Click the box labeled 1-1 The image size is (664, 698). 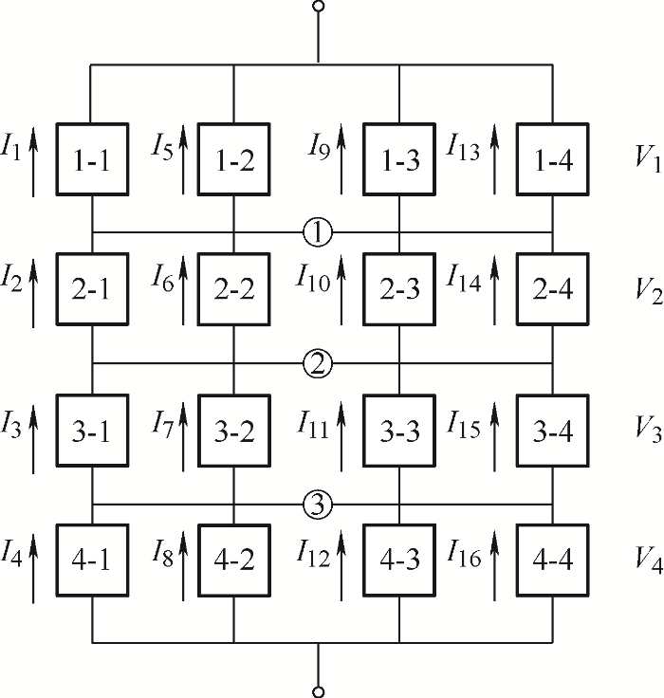coord(92,161)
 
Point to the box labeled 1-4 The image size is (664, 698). coord(552,161)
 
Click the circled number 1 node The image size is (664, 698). coord(319,231)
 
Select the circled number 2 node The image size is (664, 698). coord(319,362)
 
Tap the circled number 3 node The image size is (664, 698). coord(319,505)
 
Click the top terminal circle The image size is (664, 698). coord(319,8)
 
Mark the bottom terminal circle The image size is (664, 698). coord(319,691)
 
